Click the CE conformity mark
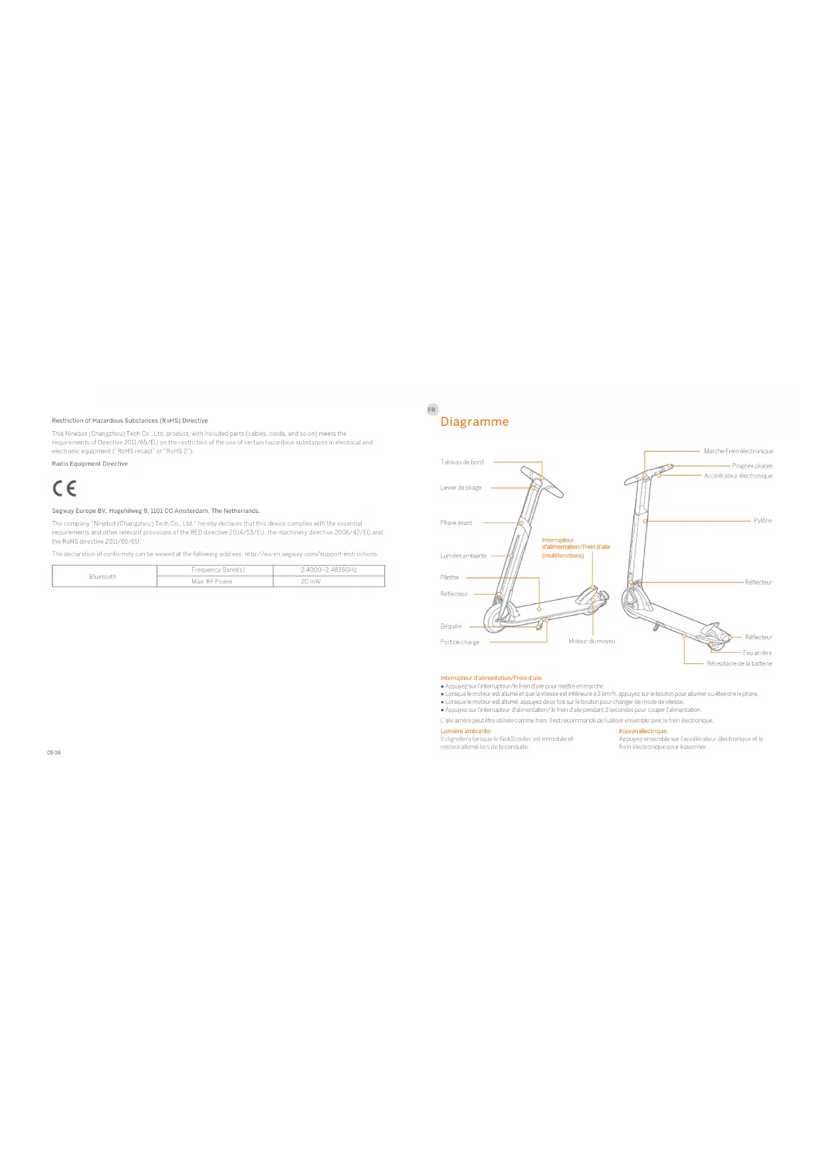(x=64, y=488)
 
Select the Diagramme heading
(x=474, y=422)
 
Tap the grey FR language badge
(x=431, y=410)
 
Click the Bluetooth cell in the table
(x=103, y=577)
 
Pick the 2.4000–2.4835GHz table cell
(x=328, y=570)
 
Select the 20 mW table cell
(x=310, y=582)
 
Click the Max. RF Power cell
(x=212, y=582)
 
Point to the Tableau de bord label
(x=462, y=462)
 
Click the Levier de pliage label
(x=461, y=488)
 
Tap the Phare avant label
(x=456, y=523)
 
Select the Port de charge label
(x=459, y=642)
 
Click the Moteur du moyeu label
(x=592, y=641)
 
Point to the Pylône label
(x=763, y=521)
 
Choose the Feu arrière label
(x=757, y=653)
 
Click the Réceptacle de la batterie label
(x=739, y=663)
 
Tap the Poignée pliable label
(x=752, y=466)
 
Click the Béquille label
(x=451, y=626)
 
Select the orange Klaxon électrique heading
(x=643, y=731)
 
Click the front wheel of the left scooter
(x=496, y=618)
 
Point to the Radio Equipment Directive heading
(x=90, y=464)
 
